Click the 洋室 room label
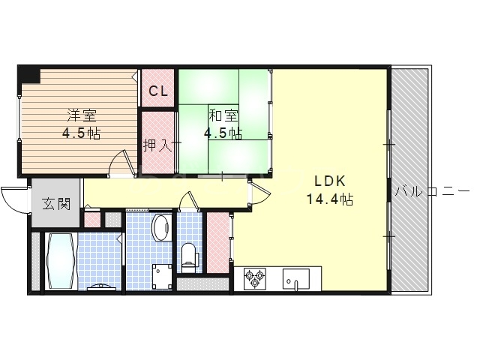82,115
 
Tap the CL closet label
158,91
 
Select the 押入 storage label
158,145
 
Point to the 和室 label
223,115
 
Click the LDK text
330,181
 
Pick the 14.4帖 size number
330,199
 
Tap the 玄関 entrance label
56,203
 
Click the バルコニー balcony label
432,192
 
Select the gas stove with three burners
255,279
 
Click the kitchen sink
295,279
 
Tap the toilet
188,258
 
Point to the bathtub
61,261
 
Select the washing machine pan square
162,277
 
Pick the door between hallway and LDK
259,193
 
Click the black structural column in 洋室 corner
29,76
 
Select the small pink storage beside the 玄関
91,219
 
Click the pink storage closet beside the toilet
218,242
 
